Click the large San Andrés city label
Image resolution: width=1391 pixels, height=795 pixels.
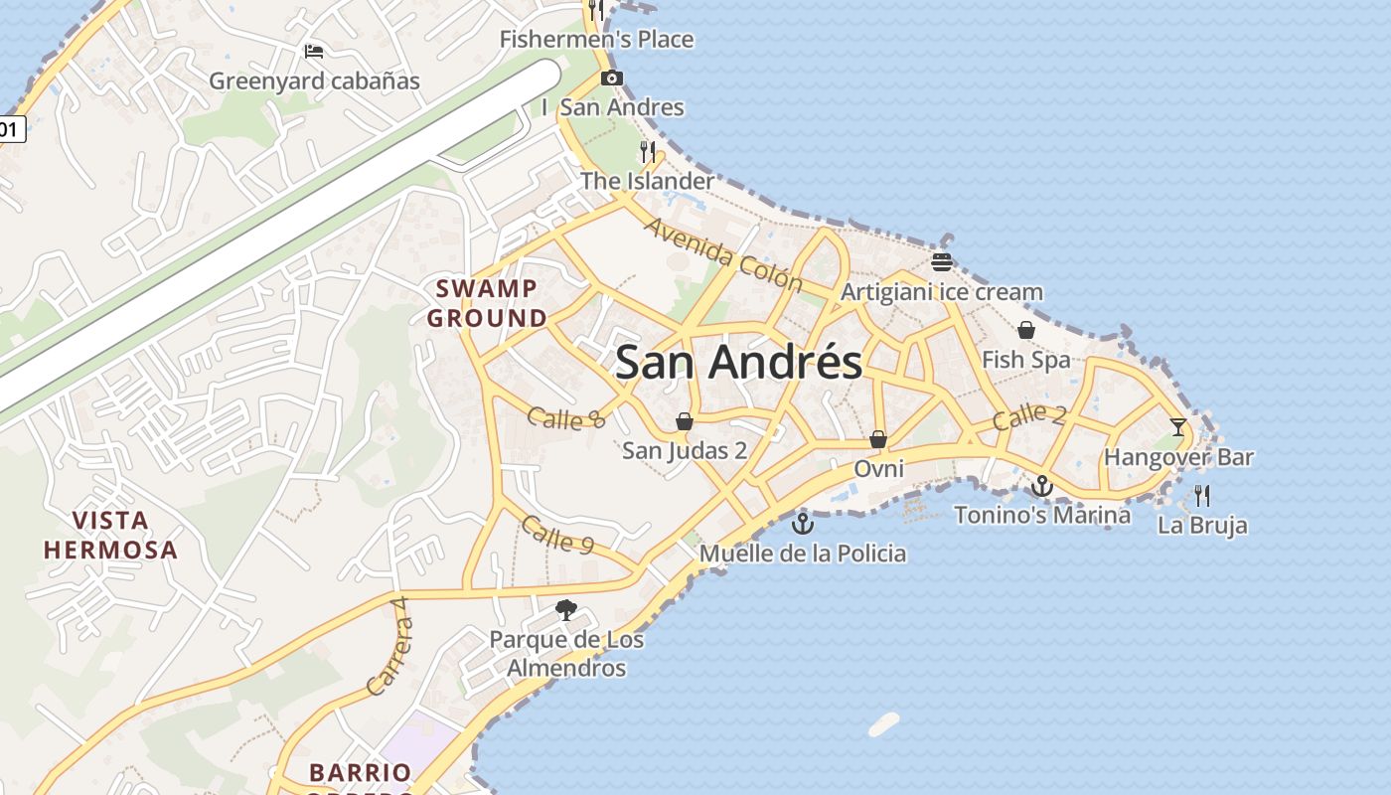click(738, 362)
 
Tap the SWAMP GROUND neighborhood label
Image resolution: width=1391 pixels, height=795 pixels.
click(487, 304)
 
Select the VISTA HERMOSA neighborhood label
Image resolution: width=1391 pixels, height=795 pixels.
click(110, 535)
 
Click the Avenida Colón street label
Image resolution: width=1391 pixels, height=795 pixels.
click(722, 255)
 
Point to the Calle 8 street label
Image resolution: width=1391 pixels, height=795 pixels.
click(565, 418)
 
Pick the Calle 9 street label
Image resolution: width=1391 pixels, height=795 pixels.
click(556, 535)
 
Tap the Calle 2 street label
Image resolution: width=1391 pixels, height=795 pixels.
click(1029, 415)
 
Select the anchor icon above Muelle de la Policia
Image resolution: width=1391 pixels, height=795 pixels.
click(802, 524)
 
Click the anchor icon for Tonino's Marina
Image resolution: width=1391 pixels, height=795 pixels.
click(1041, 486)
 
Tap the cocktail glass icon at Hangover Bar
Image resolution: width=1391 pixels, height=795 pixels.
click(1178, 427)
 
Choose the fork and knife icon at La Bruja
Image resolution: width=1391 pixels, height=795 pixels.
click(1202, 495)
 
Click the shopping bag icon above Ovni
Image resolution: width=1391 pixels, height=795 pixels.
click(878, 438)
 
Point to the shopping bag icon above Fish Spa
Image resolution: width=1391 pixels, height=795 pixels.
click(1026, 330)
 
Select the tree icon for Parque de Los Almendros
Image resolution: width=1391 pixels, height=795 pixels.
click(566, 609)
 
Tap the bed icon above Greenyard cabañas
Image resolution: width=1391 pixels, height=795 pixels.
click(314, 52)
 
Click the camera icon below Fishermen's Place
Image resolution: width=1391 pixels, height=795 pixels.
click(612, 79)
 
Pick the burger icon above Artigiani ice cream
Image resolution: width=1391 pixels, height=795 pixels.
click(942, 262)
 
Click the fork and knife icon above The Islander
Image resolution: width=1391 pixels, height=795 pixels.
click(648, 151)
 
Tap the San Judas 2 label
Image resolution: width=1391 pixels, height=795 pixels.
click(685, 450)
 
